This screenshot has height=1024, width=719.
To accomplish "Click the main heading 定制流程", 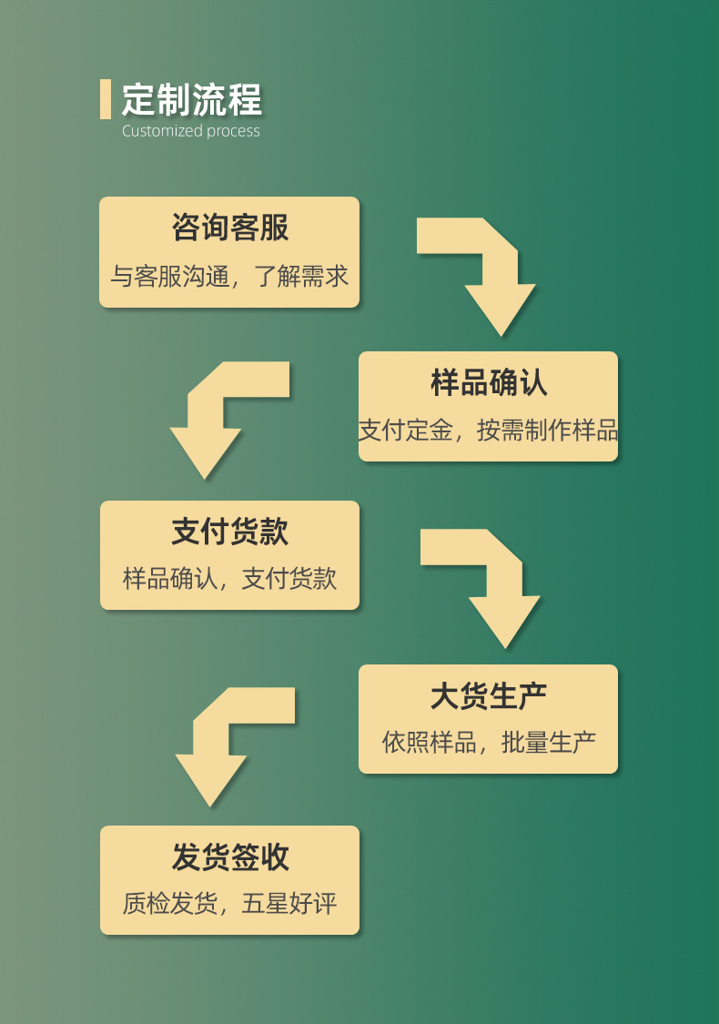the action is click(x=192, y=99).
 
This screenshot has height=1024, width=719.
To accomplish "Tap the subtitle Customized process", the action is click(x=191, y=131).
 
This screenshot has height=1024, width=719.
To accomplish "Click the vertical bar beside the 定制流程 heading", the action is click(x=106, y=99).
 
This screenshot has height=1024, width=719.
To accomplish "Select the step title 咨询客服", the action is click(x=229, y=228).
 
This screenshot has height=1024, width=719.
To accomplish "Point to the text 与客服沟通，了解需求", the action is click(x=229, y=277).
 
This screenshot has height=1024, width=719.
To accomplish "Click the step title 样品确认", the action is click(x=489, y=382).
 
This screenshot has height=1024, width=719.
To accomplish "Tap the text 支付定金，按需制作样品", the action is click(x=489, y=431).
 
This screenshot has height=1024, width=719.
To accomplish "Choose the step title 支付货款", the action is click(x=229, y=532).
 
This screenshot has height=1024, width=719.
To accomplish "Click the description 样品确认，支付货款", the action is click(x=229, y=579).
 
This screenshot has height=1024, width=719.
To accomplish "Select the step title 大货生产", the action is click(x=489, y=695).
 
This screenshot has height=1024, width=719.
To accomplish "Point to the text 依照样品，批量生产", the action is click(x=489, y=743).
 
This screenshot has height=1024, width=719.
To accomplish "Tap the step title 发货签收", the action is click(x=229, y=857).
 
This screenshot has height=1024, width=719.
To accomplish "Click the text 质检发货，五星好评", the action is click(x=229, y=904).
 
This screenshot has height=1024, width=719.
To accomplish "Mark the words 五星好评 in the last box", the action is click(x=289, y=904).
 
